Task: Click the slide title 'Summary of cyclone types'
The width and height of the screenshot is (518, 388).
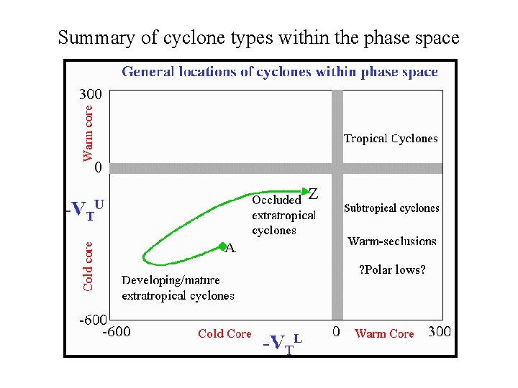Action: pyautogui.click(x=258, y=37)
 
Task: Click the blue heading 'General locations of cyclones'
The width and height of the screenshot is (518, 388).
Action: pyautogui.click(x=279, y=71)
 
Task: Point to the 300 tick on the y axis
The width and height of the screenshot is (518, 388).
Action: pyautogui.click(x=90, y=94)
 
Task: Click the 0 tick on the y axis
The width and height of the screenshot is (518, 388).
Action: pyautogui.click(x=98, y=168)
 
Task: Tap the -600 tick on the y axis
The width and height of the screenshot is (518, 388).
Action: pyautogui.click(x=93, y=319)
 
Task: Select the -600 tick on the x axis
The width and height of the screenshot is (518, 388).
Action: pyautogui.click(x=116, y=332)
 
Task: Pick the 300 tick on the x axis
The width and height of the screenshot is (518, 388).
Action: pyautogui.click(x=440, y=333)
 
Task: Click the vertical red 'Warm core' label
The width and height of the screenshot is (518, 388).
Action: pyautogui.click(x=88, y=134)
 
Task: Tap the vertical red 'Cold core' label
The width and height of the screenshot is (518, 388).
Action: pyautogui.click(x=88, y=264)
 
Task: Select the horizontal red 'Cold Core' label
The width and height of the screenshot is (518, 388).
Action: pyautogui.click(x=224, y=333)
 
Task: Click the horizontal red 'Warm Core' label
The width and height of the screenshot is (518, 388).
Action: pyautogui.click(x=384, y=333)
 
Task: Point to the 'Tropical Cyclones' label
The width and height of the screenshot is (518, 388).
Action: pyautogui.click(x=391, y=139)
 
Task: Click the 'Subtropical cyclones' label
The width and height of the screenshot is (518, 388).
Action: pyautogui.click(x=391, y=208)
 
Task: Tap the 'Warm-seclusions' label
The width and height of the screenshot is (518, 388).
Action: pyautogui.click(x=392, y=241)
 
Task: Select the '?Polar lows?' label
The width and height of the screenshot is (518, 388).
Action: pyautogui.click(x=392, y=270)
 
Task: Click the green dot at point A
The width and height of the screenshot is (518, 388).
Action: pyautogui.click(x=222, y=247)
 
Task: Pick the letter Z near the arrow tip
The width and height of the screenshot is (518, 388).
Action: pyautogui.click(x=313, y=193)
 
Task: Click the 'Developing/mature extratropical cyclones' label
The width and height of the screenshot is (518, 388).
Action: pyautogui.click(x=178, y=287)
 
